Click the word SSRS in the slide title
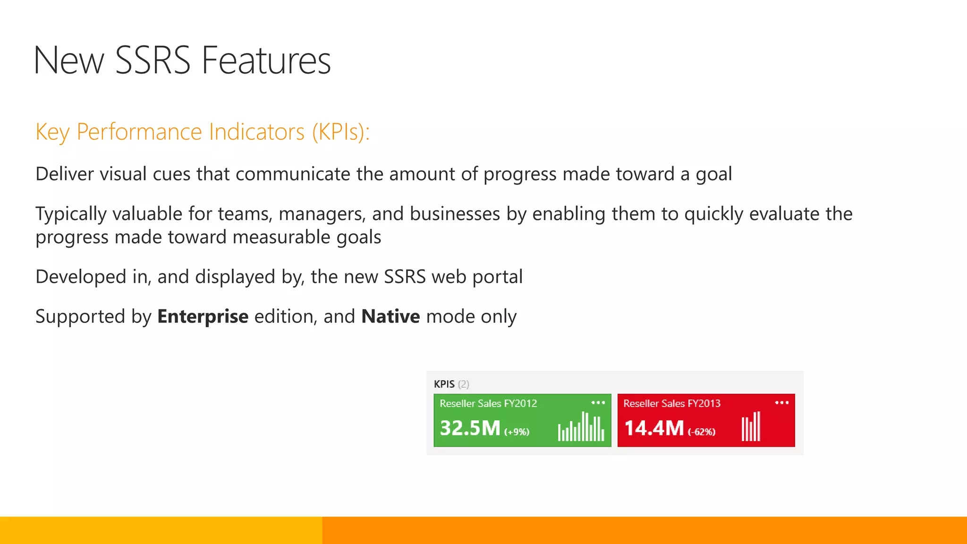pos(153,60)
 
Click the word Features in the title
pos(266,60)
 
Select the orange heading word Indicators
pos(257,132)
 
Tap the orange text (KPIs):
pos(340,132)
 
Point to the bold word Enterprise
pos(203,316)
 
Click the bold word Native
pos(390,316)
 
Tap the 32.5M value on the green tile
pos(470,428)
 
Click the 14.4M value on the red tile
pos(654,428)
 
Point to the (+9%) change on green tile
pos(517,432)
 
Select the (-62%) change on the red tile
pos(701,432)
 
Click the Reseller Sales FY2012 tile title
pos(488,403)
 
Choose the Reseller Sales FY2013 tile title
pos(671,403)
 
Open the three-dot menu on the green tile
pos(598,403)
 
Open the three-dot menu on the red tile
pos(781,403)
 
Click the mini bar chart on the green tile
pos(581,427)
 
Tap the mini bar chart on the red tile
pos(751,427)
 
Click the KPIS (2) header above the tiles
pos(451,384)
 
